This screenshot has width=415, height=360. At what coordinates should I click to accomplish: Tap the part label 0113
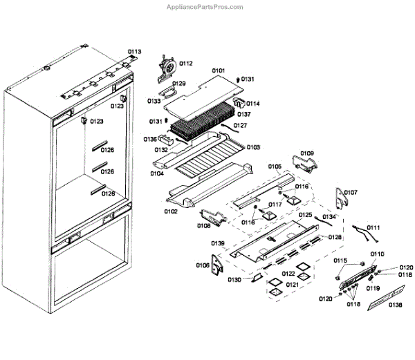point(133,52)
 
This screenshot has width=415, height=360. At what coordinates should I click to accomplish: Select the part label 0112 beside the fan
point(186,64)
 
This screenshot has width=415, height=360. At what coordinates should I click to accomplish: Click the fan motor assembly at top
point(166,66)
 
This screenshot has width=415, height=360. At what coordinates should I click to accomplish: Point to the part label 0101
point(219,71)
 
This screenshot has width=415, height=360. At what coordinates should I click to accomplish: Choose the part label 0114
point(252,104)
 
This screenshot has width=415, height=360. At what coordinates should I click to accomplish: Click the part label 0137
point(244,114)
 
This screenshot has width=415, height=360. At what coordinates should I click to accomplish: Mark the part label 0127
point(240,126)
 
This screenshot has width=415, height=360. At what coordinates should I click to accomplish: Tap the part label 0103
point(253,147)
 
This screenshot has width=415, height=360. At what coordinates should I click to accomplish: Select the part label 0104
point(156,175)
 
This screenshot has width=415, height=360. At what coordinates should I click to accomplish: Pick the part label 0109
point(307,153)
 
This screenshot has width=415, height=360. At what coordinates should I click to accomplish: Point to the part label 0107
point(351,192)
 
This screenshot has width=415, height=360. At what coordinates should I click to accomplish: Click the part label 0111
point(373,227)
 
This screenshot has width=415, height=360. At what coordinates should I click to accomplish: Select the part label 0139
point(218,244)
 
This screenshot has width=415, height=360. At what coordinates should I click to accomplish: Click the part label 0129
point(179,84)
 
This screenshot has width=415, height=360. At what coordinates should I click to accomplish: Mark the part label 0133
point(154,101)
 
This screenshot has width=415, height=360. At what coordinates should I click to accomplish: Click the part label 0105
point(275,167)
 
